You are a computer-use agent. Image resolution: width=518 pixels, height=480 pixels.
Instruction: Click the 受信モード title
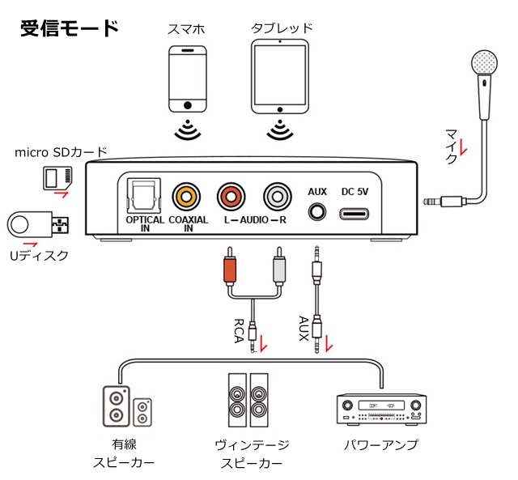(x=70, y=28)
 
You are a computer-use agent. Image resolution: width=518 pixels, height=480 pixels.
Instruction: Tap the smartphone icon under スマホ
(x=188, y=79)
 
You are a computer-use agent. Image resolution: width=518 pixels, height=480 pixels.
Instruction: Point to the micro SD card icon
(x=57, y=176)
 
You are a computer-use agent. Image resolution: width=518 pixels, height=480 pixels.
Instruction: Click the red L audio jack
(x=231, y=196)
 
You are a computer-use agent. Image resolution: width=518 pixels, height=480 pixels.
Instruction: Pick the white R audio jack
(x=277, y=196)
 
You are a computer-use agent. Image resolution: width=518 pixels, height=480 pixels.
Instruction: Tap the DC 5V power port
(x=355, y=214)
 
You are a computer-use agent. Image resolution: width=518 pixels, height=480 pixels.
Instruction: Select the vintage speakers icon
(x=248, y=400)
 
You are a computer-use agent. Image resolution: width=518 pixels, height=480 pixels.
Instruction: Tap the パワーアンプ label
(x=380, y=445)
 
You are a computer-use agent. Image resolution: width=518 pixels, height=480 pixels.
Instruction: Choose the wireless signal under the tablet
(x=280, y=129)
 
